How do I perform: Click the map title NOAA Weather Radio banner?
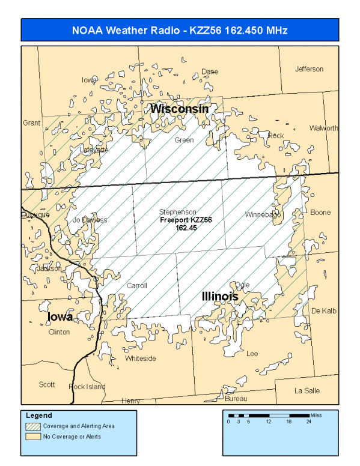[180, 30]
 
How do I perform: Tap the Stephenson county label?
[177, 212]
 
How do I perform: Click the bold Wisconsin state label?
[179, 109]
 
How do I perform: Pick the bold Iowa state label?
[60, 316]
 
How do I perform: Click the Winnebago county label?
[263, 214]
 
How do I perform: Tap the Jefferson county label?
[309, 69]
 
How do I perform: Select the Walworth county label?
[323, 128]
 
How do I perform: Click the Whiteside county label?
[141, 359]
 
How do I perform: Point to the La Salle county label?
[307, 390]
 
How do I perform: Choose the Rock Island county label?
[87, 387]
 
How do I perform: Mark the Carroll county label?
[136, 286]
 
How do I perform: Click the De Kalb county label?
[323, 310]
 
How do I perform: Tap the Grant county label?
[32, 123]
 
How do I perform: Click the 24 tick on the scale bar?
[309, 422]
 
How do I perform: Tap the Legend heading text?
[39, 416]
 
